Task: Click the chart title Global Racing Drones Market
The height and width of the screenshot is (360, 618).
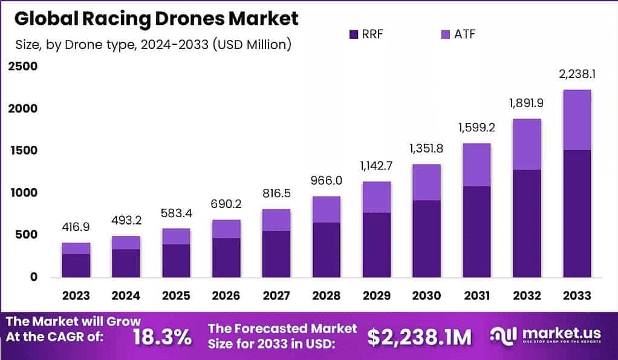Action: point(156,18)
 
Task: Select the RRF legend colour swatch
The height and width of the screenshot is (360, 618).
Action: point(354,34)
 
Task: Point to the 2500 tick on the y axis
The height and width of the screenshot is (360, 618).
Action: point(22,67)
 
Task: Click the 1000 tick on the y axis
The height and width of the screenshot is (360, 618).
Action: point(22,192)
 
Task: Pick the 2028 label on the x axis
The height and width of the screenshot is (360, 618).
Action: point(327,295)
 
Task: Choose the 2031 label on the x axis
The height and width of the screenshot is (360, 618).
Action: point(476,295)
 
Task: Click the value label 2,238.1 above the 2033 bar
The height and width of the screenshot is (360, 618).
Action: point(577,74)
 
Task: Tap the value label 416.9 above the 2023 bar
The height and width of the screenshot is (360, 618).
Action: point(76,227)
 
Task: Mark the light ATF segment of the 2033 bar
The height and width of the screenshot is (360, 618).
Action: point(577,120)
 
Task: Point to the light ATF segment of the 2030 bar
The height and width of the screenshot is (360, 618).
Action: point(426,182)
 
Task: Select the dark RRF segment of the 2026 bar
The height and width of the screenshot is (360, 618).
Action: point(226,257)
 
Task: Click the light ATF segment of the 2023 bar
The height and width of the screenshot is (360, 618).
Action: point(76,248)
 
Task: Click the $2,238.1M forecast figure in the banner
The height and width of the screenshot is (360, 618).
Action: point(420,336)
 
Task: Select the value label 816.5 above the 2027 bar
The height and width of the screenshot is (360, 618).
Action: point(276,194)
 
